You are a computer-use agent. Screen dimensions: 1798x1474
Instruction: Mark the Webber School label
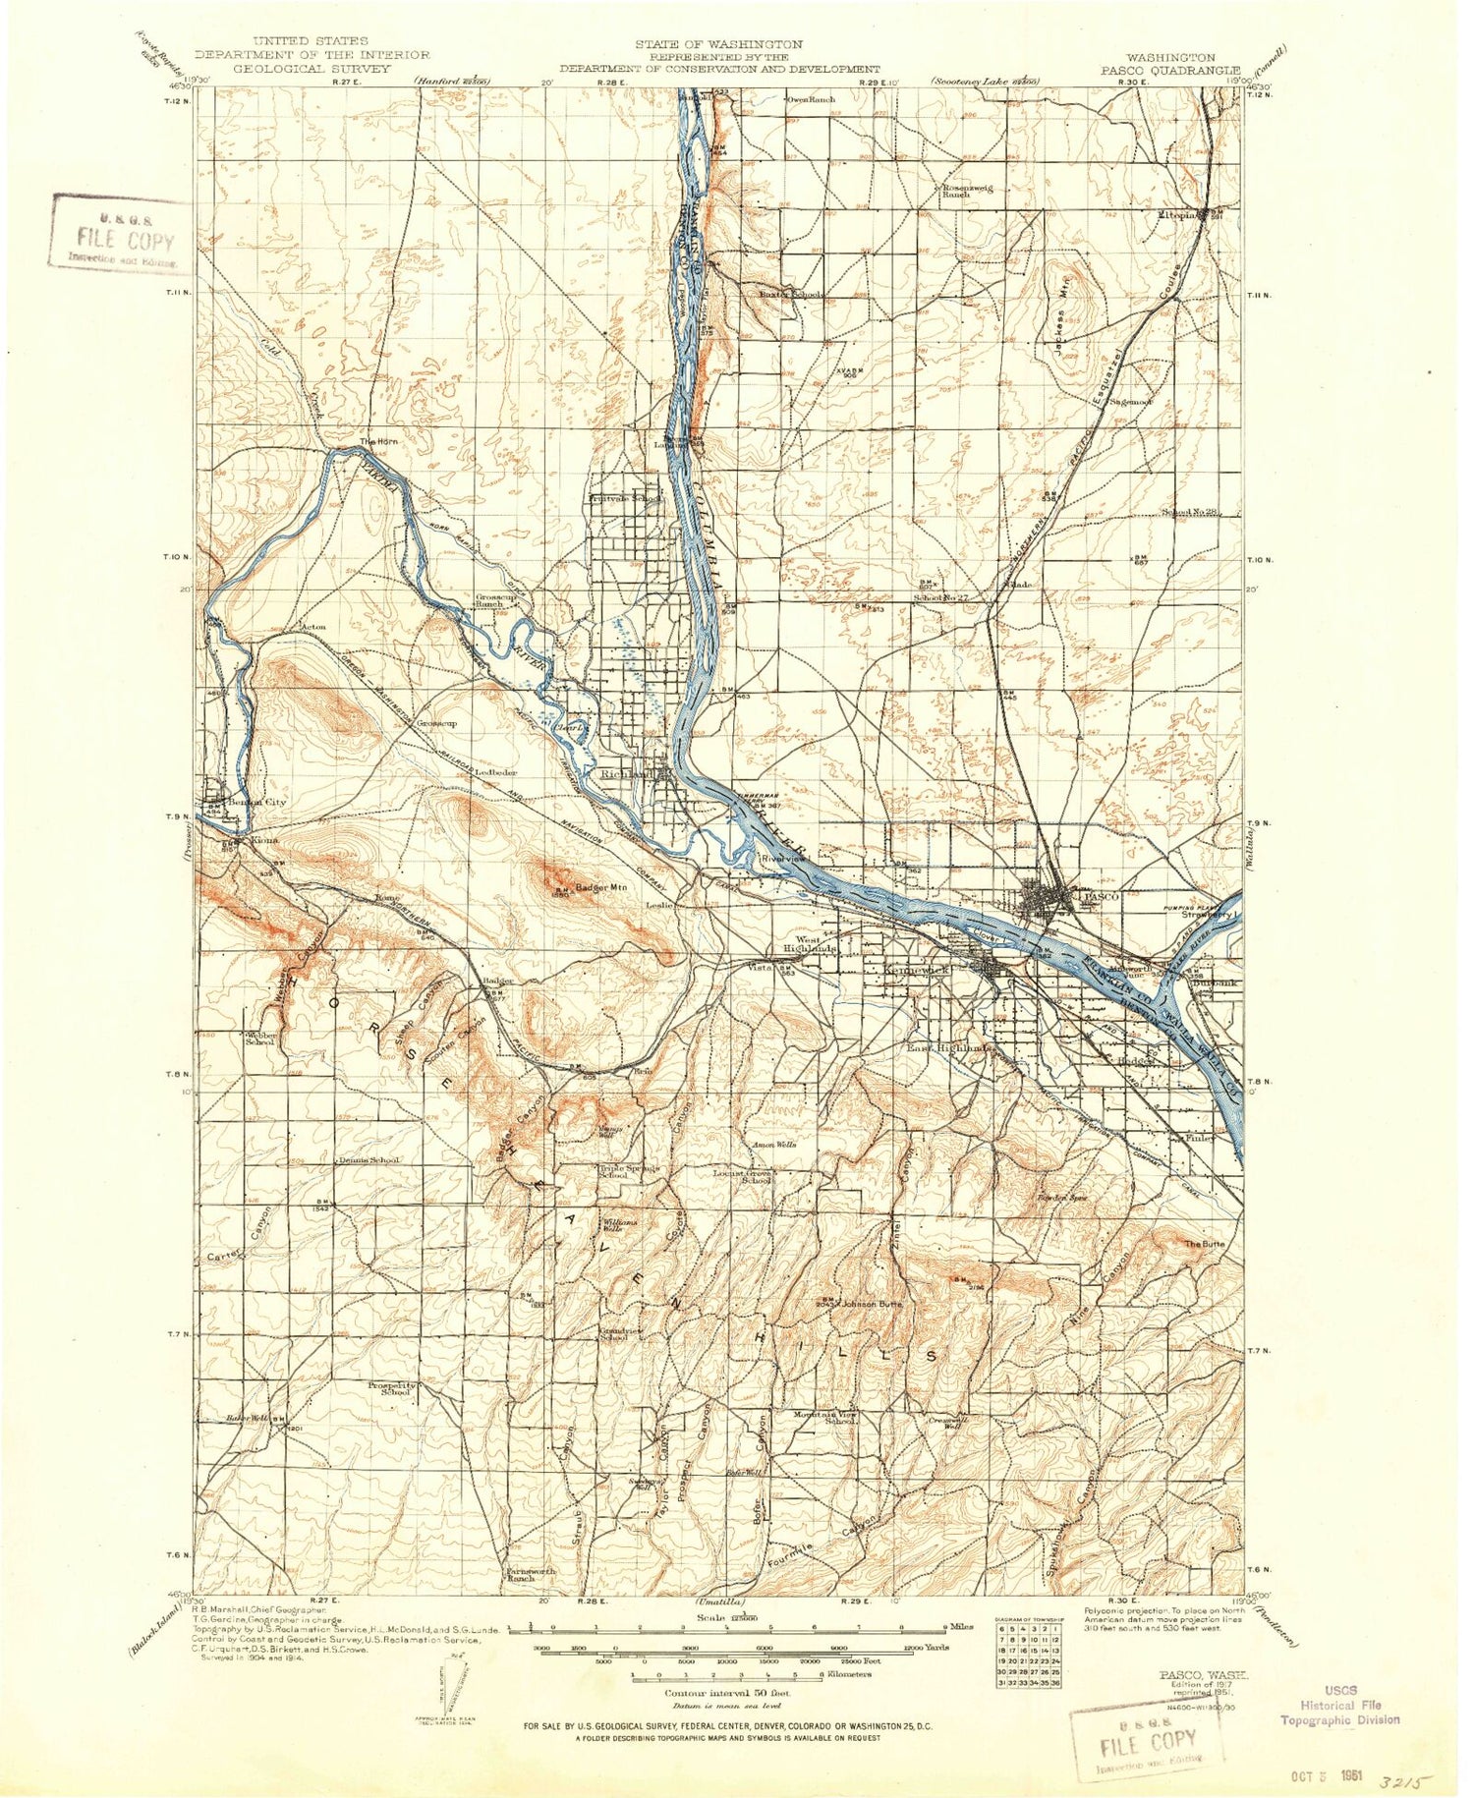[260, 1039]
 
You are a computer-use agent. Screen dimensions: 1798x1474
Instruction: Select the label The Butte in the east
[1204, 1244]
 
